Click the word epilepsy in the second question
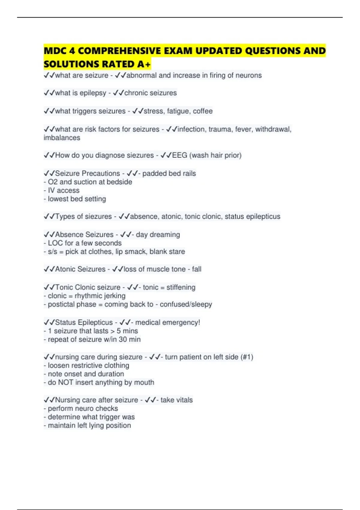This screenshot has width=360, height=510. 93,93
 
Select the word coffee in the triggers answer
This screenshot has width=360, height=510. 203,111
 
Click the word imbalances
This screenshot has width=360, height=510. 62,138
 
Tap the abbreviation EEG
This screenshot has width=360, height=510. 180,155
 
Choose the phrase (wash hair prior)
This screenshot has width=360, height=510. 215,155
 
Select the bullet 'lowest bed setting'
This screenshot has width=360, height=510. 77,199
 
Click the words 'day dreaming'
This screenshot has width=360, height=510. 158,234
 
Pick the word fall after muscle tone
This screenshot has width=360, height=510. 197,269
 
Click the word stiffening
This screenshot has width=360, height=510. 181,287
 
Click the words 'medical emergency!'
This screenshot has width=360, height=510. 167,322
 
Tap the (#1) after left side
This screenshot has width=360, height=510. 247,357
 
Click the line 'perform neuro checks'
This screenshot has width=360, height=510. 83,408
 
